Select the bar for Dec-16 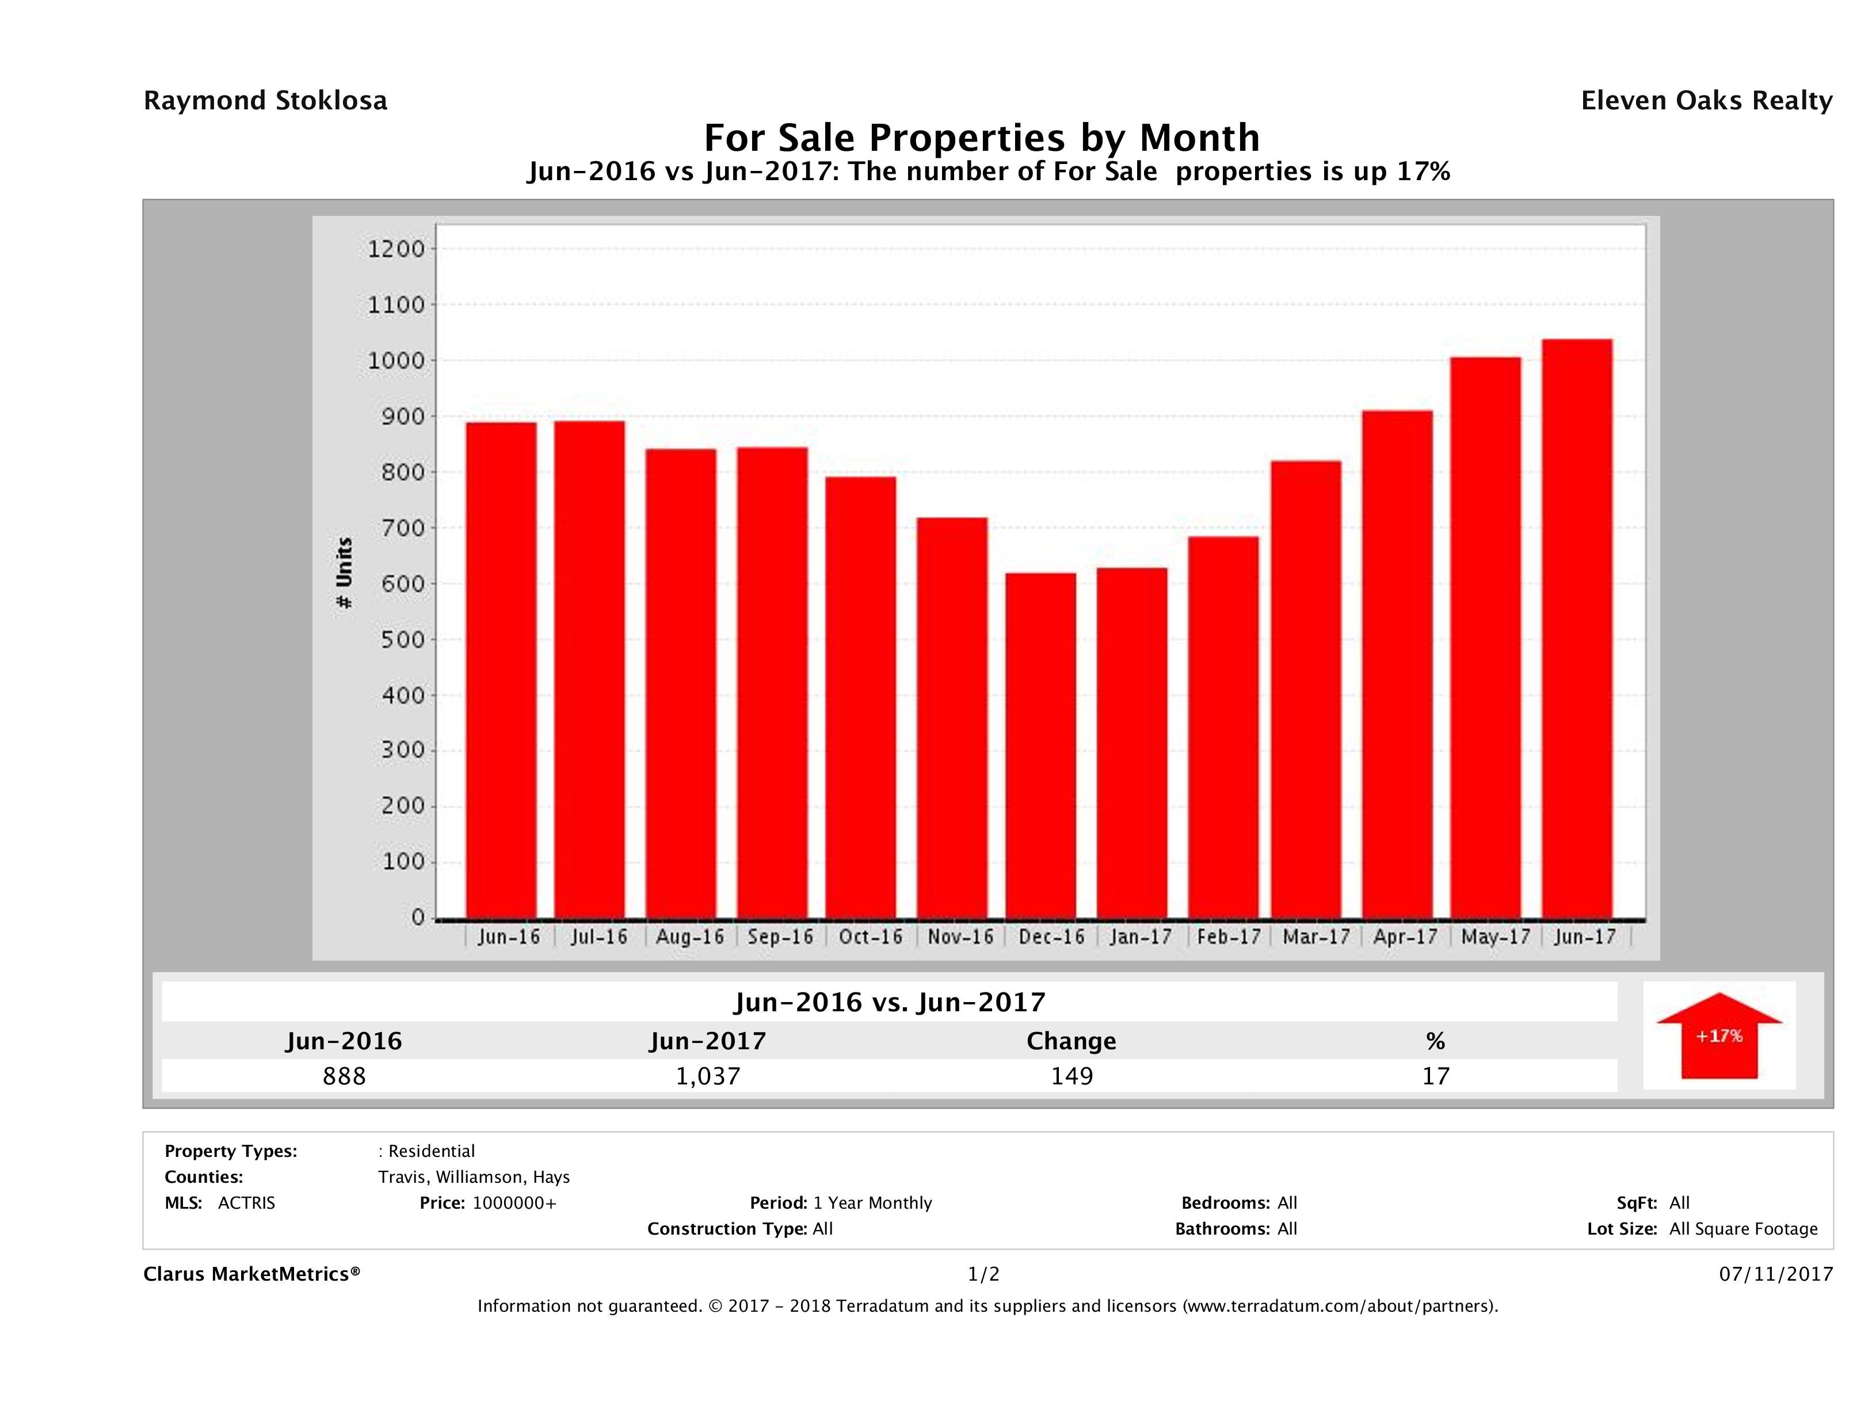[x=1040, y=745]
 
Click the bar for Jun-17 [x=1577, y=629]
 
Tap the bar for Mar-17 [x=1306, y=690]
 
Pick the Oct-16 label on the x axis [x=871, y=937]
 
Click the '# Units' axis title [x=344, y=573]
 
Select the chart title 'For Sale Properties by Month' [x=981, y=137]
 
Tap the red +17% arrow [x=1718, y=1035]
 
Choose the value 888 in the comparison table [x=344, y=1076]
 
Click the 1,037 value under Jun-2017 [x=708, y=1076]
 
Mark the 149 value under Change [x=1072, y=1076]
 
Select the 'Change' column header [x=1072, y=1041]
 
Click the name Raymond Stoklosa [x=265, y=101]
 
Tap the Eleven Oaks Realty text [x=1706, y=101]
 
